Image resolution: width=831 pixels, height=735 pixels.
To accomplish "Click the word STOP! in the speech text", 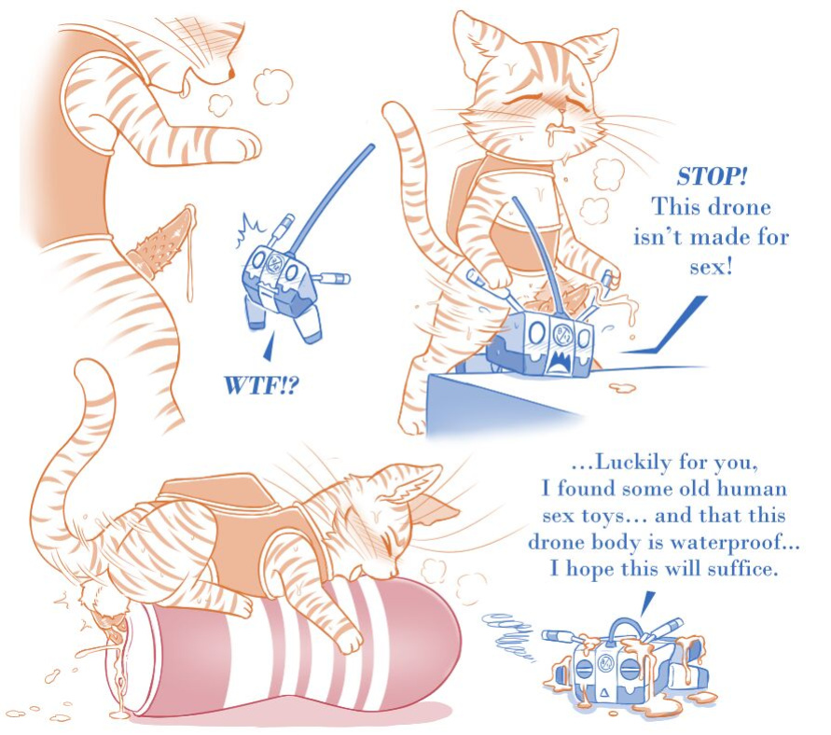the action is (712, 176).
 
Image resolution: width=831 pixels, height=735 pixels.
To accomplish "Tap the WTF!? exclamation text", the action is (262, 385).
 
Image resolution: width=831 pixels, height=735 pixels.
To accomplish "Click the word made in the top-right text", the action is (720, 236).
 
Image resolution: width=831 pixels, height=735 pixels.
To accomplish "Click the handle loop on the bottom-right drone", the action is (626, 629).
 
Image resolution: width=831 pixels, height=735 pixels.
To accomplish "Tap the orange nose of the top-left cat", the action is (231, 73).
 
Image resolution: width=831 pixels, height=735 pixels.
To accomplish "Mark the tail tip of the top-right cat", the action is (391, 107).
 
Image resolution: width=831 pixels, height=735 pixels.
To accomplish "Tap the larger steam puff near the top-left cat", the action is (273, 87).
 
